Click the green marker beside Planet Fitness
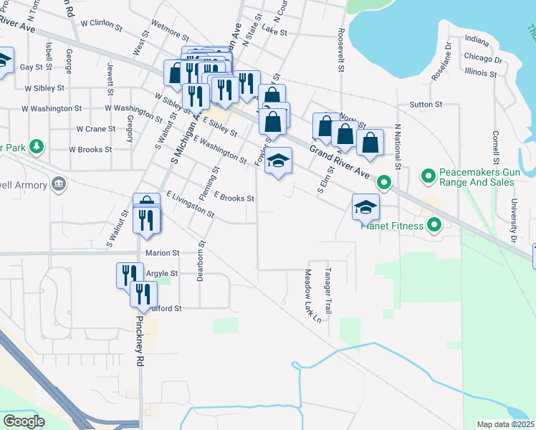point(434,226)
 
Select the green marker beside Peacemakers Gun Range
point(429,174)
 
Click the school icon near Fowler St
point(279,161)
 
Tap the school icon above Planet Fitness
point(365,208)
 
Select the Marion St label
point(161,253)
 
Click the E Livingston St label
point(190,204)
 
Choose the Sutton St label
point(426,105)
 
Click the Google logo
point(24,421)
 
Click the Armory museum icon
point(58,185)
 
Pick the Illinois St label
point(482,72)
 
